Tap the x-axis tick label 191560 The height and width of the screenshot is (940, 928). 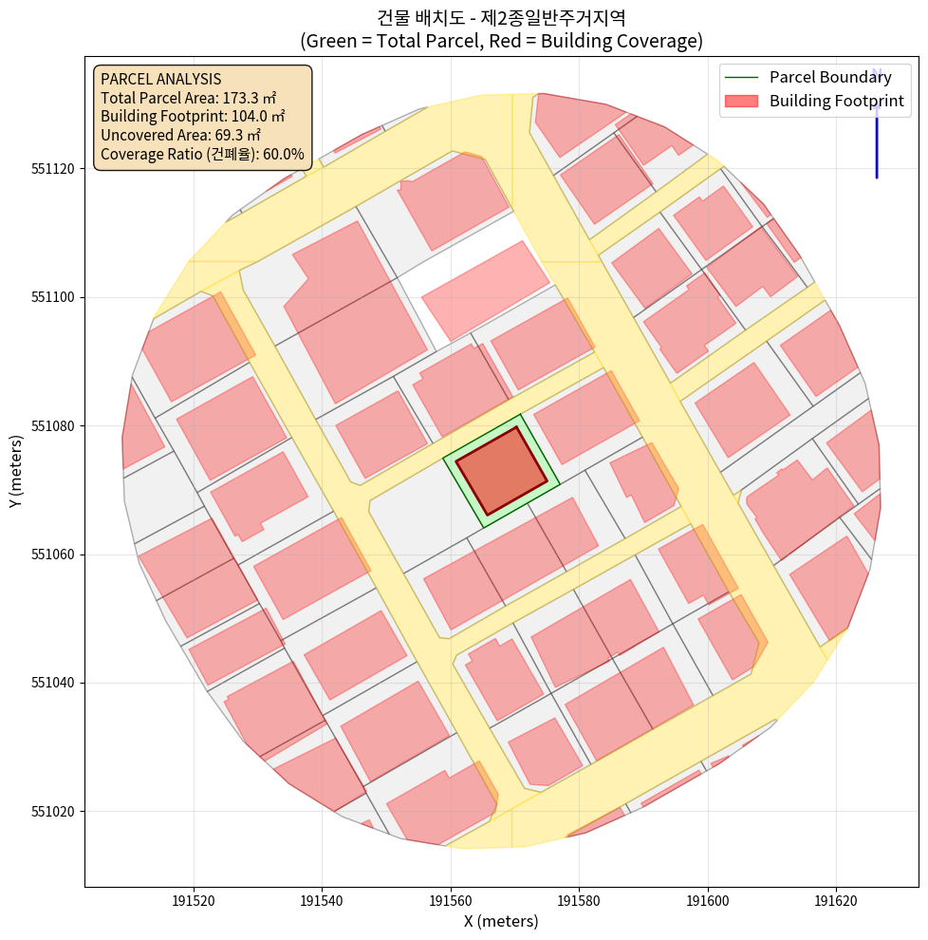point(451,900)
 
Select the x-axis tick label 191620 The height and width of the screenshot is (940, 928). point(836,900)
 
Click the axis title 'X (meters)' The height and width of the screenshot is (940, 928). point(501,921)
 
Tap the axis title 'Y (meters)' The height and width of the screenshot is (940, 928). point(16,471)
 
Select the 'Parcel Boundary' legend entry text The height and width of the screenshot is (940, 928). point(830,78)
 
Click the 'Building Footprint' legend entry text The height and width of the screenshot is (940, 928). point(836,101)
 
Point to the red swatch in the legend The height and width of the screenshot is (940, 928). point(743,101)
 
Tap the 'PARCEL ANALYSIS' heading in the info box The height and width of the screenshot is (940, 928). point(160,79)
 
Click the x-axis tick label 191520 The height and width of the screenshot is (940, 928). point(194,900)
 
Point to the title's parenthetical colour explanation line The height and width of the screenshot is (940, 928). point(501,41)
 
